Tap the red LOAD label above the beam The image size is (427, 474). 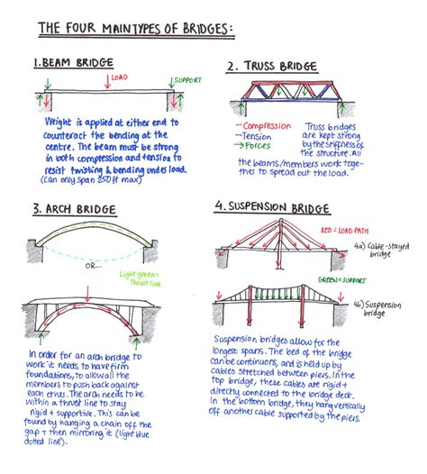point(120,78)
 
